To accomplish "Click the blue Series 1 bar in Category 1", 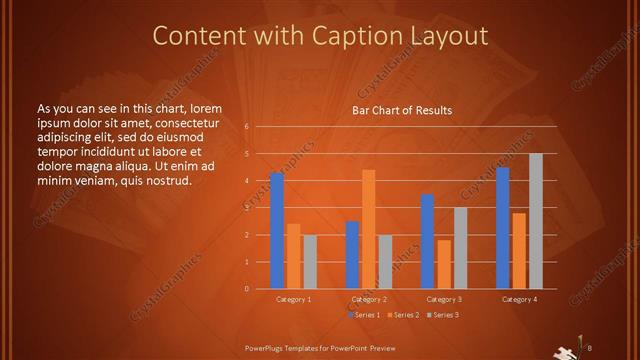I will point(277,231).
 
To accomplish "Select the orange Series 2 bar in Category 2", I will point(369,229).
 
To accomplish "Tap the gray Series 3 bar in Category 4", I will point(536,221).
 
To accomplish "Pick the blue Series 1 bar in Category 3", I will point(428,241).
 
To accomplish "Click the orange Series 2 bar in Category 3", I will point(444,264).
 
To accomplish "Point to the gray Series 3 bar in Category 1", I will point(310,262).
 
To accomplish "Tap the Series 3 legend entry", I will point(443,315).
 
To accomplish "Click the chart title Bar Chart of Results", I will point(402,110).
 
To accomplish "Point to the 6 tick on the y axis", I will point(246,127).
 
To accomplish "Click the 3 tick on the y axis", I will point(246,208).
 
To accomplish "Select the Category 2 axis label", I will point(369,299).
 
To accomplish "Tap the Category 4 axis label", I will point(519,299).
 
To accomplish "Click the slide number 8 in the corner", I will point(590,347).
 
